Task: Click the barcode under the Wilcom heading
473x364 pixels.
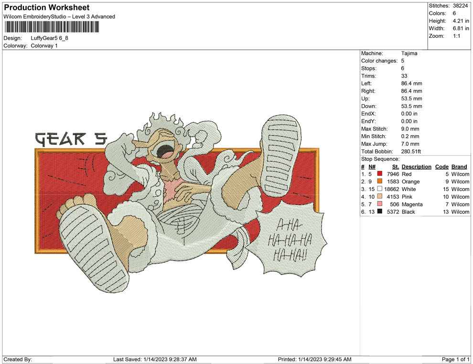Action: coord(51,27)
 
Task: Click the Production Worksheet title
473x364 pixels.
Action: coord(47,8)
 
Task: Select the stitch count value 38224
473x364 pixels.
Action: coord(460,6)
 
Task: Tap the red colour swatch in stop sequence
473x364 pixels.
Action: coord(379,173)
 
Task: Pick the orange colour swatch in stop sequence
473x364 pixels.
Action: coord(379,181)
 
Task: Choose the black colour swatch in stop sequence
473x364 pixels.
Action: coord(379,211)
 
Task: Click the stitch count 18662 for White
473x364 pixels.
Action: coord(392,189)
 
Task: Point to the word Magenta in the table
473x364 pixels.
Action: coord(412,204)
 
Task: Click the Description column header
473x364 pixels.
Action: coord(416,167)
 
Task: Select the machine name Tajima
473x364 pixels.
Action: coord(409,54)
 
